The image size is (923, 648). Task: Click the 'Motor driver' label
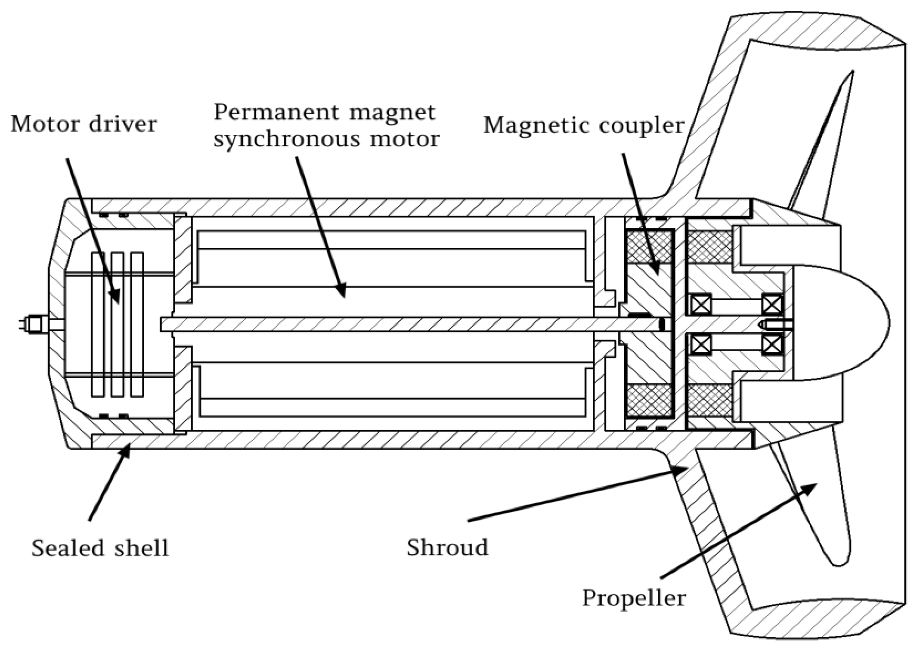pos(84,124)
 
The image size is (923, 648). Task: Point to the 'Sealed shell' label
pos(100,548)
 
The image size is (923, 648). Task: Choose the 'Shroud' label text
pos(447,547)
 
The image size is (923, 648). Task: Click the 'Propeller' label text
pos(634,598)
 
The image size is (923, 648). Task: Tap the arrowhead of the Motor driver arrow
pos(116,298)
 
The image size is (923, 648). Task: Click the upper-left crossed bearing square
pos(701,304)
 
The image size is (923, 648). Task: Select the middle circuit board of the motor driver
pos(117,325)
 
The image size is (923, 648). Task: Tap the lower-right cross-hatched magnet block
pos(710,402)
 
